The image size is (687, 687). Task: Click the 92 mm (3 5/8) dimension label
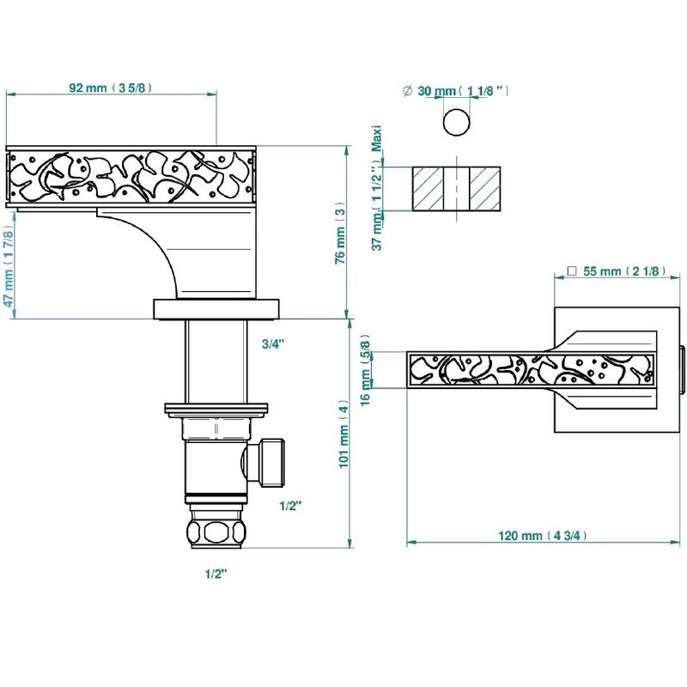[x=111, y=88]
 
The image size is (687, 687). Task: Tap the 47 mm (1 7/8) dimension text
[x=9, y=267]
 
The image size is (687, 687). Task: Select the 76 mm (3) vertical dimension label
[x=340, y=234]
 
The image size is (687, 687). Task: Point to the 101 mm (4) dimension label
[x=344, y=434]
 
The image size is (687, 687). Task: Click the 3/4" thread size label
[x=273, y=344]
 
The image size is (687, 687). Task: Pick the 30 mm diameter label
[x=463, y=91]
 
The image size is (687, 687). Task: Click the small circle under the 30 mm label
[x=457, y=122]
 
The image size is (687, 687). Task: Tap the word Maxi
[x=377, y=138]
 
